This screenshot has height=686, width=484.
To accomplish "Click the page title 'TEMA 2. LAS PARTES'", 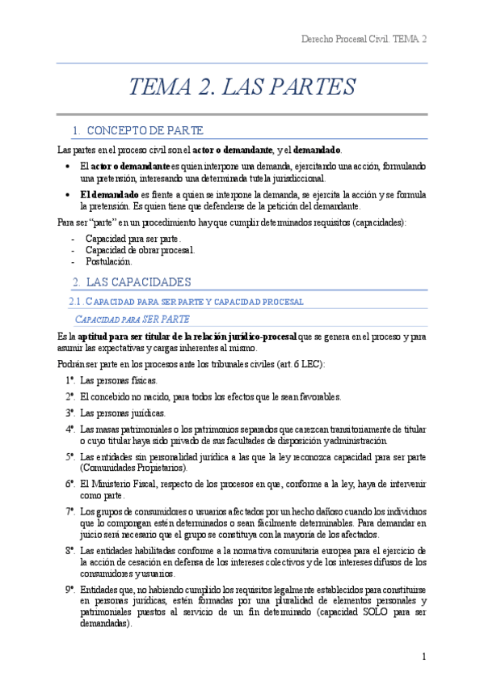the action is tap(242, 87).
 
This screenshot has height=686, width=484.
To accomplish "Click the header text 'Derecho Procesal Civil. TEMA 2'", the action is tap(364, 39).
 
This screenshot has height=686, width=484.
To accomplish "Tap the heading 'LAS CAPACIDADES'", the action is tap(138, 282).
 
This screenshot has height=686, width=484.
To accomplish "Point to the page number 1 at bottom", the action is tap(423, 656).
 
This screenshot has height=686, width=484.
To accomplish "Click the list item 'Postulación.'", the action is tap(109, 262).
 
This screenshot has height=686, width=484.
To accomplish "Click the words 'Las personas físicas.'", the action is tap(120, 380).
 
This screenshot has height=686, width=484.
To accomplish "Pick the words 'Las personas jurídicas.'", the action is tap(123, 413).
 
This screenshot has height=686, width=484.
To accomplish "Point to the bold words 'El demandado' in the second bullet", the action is tap(109, 195).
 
